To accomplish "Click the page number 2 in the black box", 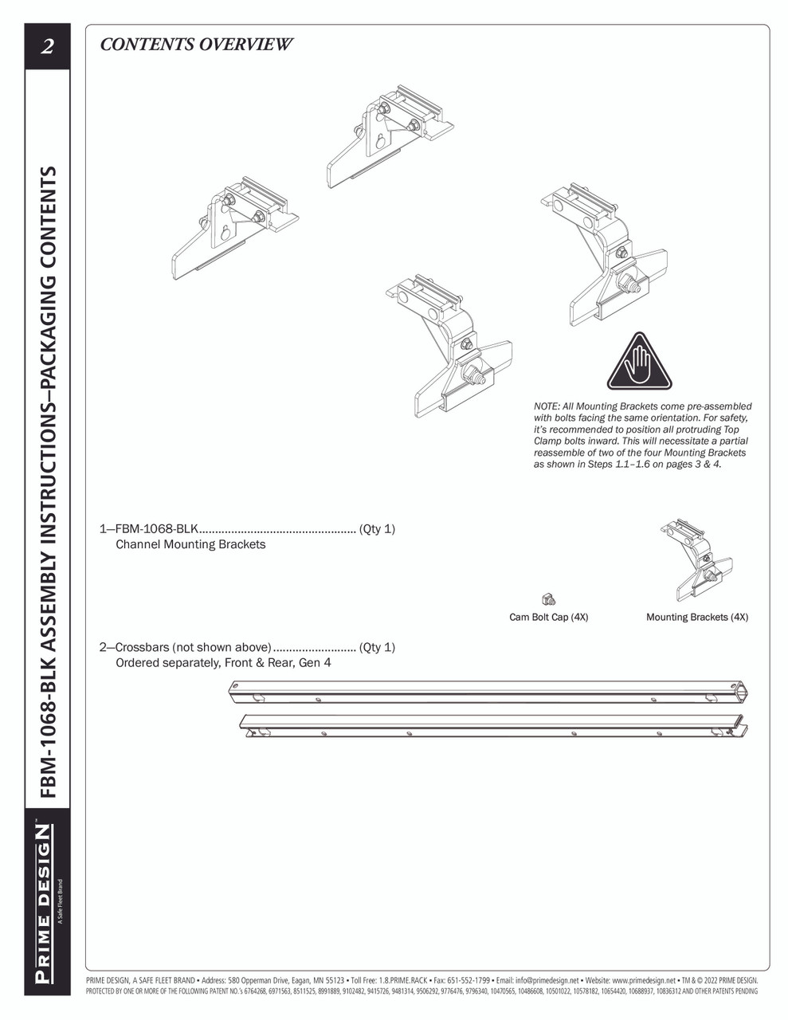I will (x=46, y=46).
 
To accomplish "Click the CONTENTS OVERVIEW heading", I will (x=196, y=45).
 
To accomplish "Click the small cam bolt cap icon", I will (x=548, y=599).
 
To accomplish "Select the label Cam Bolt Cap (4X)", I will (x=548, y=617).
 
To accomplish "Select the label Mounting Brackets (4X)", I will (x=696, y=617).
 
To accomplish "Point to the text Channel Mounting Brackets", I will (x=190, y=545).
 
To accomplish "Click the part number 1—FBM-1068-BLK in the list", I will (x=149, y=529).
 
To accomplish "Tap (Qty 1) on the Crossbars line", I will (x=377, y=647).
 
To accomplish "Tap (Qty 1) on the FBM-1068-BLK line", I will (x=377, y=529).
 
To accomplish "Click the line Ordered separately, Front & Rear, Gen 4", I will (x=223, y=663).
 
